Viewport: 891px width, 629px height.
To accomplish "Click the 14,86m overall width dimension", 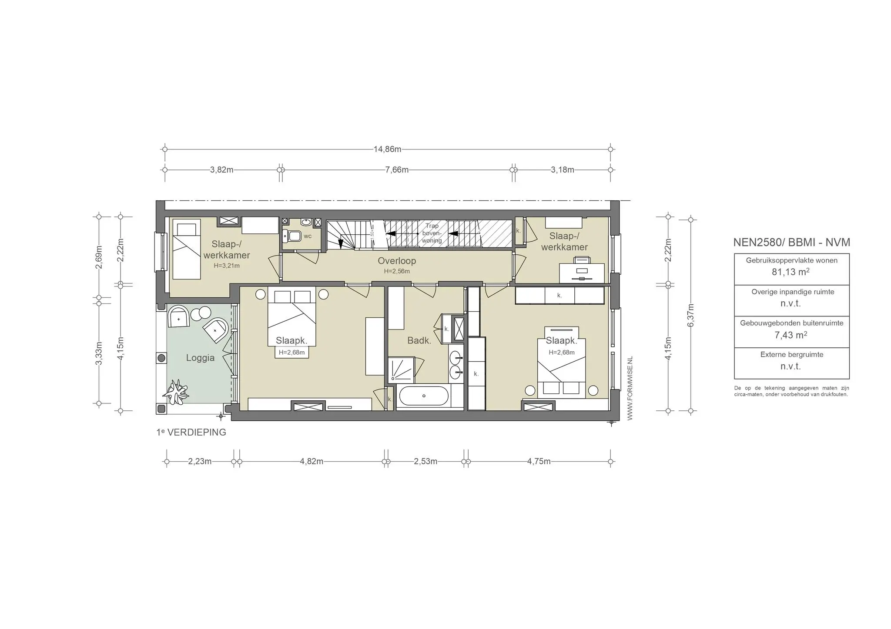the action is click(x=387, y=149).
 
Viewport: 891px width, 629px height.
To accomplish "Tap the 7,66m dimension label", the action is click(x=397, y=170).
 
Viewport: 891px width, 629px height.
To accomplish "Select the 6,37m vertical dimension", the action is click(x=690, y=315).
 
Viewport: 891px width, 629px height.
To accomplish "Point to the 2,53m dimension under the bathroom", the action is click(x=425, y=461).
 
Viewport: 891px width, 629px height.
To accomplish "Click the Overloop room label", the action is click(x=397, y=261).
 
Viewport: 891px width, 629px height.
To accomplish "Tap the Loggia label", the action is click(x=200, y=358).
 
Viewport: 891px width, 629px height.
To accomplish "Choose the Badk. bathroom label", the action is click(x=419, y=341).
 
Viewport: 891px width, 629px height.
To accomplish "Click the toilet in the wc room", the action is click(x=292, y=236).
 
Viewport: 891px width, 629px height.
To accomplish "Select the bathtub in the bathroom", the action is click(x=423, y=396).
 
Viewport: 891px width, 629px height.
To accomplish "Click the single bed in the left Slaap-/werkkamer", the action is click(x=187, y=249).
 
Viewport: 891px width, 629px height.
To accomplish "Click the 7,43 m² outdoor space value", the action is click(x=791, y=335).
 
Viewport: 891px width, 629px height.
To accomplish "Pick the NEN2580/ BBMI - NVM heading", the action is click(x=791, y=243).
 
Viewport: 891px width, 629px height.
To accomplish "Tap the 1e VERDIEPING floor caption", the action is click(x=191, y=433).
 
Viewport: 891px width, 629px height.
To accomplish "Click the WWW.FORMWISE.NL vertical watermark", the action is click(x=630, y=388).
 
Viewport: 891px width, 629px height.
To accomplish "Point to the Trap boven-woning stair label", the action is click(x=432, y=233).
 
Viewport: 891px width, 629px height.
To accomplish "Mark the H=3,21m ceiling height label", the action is click(x=227, y=266).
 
